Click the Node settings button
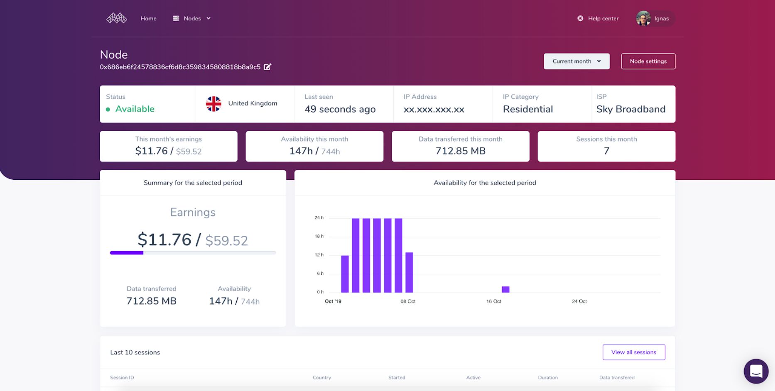pyautogui.click(x=648, y=61)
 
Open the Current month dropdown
pyautogui.click(x=576, y=61)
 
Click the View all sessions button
pyautogui.click(x=633, y=352)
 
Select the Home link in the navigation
pyautogui.click(x=148, y=18)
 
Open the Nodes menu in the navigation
pyautogui.click(x=192, y=18)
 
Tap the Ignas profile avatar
pyautogui.click(x=643, y=18)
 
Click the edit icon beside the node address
pyautogui.click(x=267, y=67)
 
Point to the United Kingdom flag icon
pyautogui.click(x=213, y=104)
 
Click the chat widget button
pyautogui.click(x=756, y=371)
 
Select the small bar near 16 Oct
pyautogui.click(x=505, y=289)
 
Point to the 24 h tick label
pyautogui.click(x=319, y=217)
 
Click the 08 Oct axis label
pyautogui.click(x=408, y=301)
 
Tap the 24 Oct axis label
pyautogui.click(x=579, y=301)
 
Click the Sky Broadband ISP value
pyautogui.click(x=630, y=109)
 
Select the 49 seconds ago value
pyautogui.click(x=340, y=109)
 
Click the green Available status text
pyautogui.click(x=135, y=109)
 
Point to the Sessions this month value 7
pyautogui.click(x=606, y=151)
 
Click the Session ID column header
pyautogui.click(x=122, y=378)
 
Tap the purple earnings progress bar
pyautogui.click(x=127, y=253)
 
